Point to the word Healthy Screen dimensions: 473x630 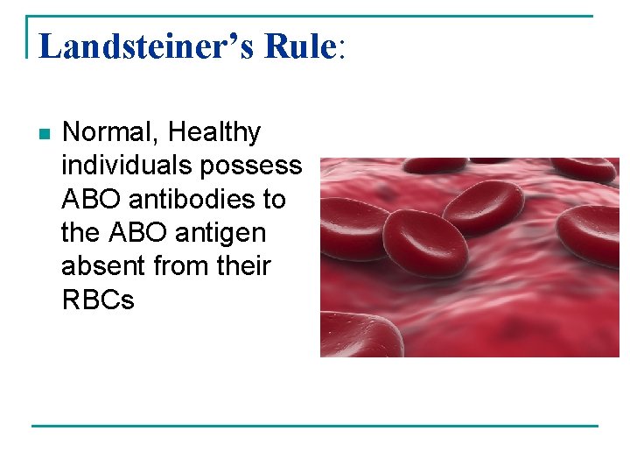pos(214,133)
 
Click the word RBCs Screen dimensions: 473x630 pos(98,300)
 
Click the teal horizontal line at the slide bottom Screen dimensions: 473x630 pos(315,427)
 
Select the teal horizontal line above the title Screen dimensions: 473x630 pos(315,16)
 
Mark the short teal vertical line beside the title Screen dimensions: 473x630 pos(28,37)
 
